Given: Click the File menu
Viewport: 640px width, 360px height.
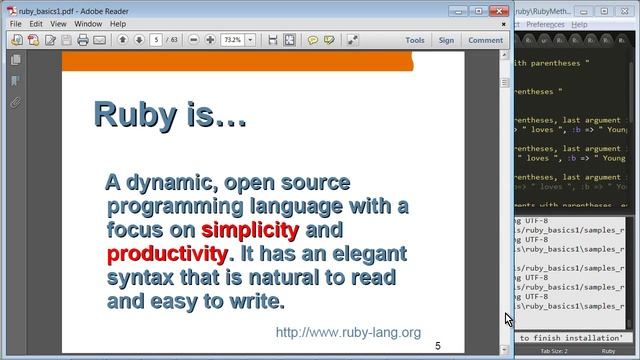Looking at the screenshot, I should pos(16,23).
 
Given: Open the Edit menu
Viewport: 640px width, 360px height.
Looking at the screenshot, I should pos(36,23).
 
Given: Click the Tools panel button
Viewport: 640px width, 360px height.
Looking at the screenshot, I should pos(415,41).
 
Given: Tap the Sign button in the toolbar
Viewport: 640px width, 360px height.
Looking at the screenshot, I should pos(446,41).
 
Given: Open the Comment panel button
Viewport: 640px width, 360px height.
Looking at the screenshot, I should pos(485,41).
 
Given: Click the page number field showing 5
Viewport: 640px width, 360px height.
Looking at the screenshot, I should pos(157,41).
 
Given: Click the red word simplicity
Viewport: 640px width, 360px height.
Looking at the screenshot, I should pos(250,230).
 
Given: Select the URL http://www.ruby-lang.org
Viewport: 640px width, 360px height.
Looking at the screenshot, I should pos(347,332).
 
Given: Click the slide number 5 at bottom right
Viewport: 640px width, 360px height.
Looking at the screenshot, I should pos(437,345).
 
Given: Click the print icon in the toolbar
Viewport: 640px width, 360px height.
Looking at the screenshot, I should pos(83,41).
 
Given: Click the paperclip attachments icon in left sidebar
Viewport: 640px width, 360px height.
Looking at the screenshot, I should pos(15,102).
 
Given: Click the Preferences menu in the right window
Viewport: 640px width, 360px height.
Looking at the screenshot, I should pos(561,23).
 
